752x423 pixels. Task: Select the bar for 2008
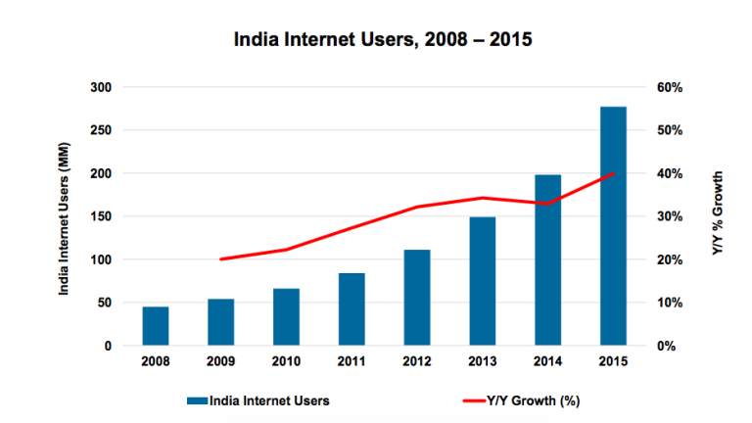coord(156,326)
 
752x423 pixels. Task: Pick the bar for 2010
coord(286,317)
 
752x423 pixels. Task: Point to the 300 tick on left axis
coord(102,88)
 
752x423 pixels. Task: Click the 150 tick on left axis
coord(102,216)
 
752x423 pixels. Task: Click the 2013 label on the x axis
coord(483,362)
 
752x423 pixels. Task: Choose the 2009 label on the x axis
coord(221,362)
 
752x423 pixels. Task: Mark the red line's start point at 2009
coord(221,259)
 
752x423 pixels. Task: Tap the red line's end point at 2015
coord(613,173)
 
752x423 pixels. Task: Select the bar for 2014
coord(548,260)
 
